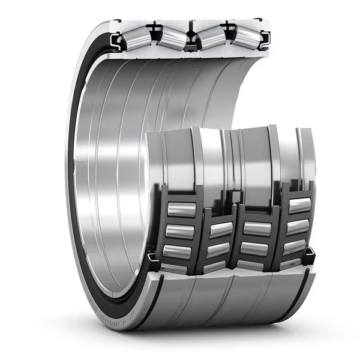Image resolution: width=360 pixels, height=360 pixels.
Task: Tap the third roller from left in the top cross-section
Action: click(x=211, y=37)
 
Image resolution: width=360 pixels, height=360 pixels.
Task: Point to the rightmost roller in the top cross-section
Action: click(x=247, y=38)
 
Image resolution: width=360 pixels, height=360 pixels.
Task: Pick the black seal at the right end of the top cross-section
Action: click(x=265, y=38)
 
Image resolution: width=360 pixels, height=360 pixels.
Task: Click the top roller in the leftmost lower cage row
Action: click(x=181, y=209)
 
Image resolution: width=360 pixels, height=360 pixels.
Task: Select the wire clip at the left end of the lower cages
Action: click(x=152, y=262)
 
